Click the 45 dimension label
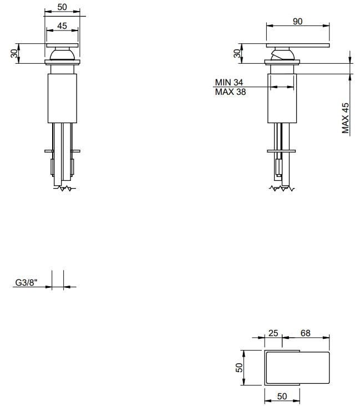(62, 26)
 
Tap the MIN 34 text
(229, 83)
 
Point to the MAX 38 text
(230, 92)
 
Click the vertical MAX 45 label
(345, 118)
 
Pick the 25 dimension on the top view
(273, 333)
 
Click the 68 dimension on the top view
(305, 333)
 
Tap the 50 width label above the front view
(62, 7)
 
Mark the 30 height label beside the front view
(13, 54)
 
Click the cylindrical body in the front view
(62, 97)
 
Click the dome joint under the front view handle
(62, 54)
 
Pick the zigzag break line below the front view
(65, 189)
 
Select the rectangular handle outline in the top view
(297, 367)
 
